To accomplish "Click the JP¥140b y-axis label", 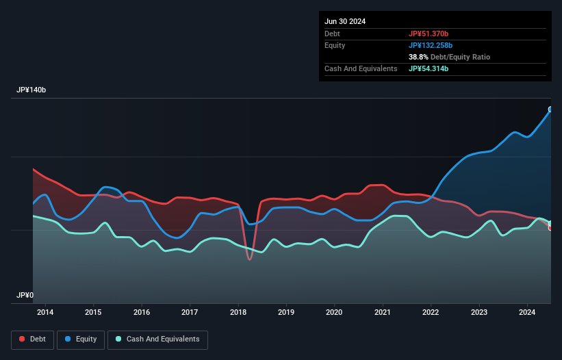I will (x=31, y=90).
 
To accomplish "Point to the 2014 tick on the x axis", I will (x=45, y=313).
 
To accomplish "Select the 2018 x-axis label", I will (x=238, y=313).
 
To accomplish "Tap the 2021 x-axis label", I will (x=383, y=313).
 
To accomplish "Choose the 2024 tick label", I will (x=527, y=313).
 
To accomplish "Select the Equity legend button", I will (x=81, y=339).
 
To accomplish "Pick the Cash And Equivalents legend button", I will (x=157, y=339).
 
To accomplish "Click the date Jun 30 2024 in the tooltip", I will (x=345, y=21).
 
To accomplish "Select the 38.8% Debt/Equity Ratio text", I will (x=449, y=57).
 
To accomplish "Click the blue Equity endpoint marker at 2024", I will (x=550, y=110).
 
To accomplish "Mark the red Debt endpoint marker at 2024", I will (x=550, y=228).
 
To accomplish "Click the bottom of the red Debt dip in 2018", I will (x=249, y=259).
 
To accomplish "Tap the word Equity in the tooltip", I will (x=335, y=45).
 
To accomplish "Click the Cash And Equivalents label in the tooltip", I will (x=361, y=68).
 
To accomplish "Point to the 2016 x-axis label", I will (x=142, y=313).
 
